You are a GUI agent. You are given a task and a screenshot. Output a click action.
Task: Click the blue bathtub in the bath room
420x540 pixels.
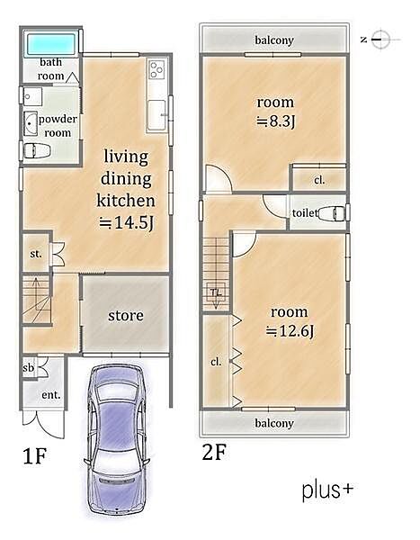(51, 44)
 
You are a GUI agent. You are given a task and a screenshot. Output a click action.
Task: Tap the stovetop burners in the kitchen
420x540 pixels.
(157, 69)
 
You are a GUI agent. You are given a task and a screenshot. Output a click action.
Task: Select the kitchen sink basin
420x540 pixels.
(156, 114)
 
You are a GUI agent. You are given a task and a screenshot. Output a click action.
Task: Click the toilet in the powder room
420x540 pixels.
(37, 150)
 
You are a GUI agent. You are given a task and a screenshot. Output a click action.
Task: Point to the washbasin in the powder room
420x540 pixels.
(31, 123)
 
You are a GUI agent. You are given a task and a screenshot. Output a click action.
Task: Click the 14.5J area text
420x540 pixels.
(126, 223)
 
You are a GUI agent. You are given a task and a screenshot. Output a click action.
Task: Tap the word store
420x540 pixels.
(126, 316)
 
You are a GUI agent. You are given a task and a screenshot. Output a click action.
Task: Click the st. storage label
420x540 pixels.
(36, 254)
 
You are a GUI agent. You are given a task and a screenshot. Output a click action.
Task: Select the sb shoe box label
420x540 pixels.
(29, 367)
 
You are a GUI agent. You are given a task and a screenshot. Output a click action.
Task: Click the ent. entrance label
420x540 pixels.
(51, 395)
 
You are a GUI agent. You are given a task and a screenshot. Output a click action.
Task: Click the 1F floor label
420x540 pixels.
(34, 456)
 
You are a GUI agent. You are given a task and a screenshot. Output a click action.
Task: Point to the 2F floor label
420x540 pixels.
(214, 452)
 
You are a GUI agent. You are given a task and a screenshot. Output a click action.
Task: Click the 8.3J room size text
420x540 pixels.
(276, 121)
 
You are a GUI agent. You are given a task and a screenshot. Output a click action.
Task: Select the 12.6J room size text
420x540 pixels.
(290, 331)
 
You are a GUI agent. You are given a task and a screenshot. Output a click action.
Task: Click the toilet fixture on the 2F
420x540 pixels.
(331, 213)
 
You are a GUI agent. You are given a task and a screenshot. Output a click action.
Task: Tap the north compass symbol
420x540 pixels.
(381, 40)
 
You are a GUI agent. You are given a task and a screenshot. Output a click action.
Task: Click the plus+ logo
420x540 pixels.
(327, 490)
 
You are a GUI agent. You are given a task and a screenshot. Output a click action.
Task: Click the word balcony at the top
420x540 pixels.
(274, 40)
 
